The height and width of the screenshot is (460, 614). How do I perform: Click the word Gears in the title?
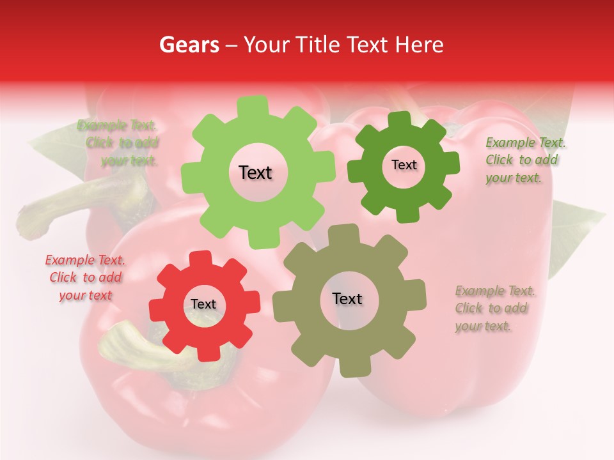(188, 44)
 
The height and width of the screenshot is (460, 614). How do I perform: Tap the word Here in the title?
(420, 44)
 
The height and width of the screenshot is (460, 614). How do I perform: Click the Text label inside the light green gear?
(255, 172)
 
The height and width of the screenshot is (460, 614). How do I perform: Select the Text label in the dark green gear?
(404, 165)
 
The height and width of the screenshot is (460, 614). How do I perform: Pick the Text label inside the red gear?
(203, 304)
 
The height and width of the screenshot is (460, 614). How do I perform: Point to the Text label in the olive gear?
(347, 298)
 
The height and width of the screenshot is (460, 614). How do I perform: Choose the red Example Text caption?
(85, 277)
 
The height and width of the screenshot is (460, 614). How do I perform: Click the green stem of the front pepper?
(128, 348)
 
